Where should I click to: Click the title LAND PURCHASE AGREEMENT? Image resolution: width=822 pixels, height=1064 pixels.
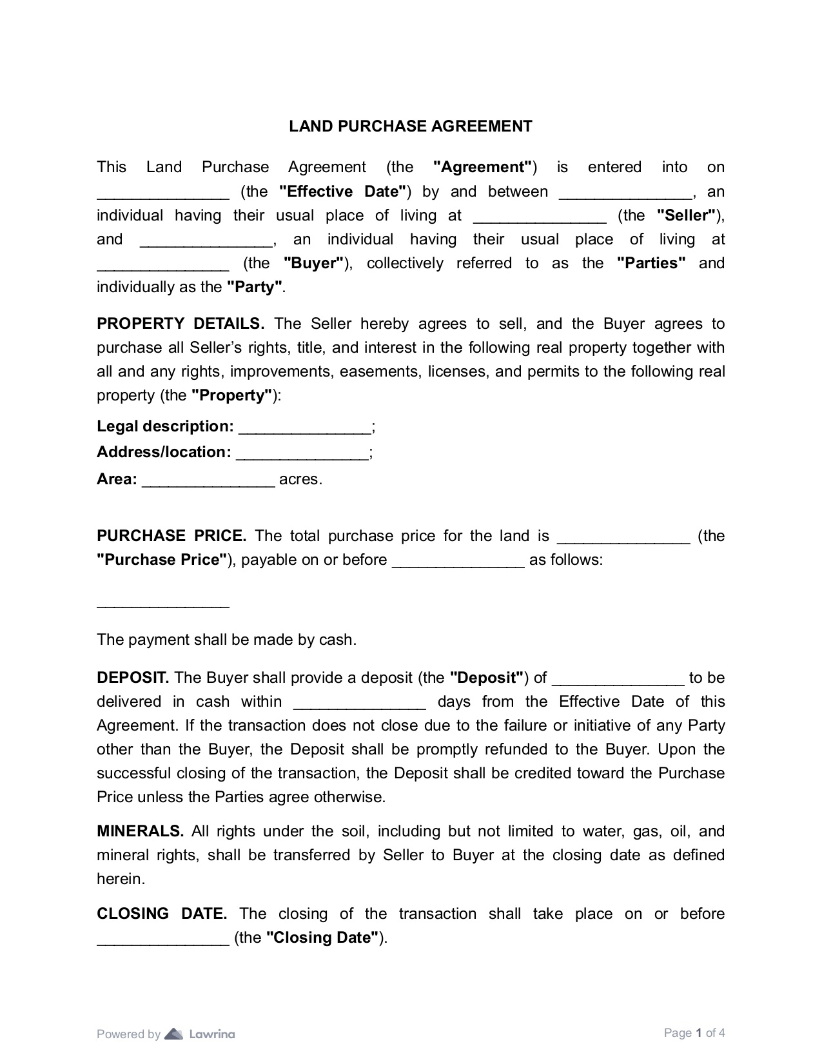pos(410,126)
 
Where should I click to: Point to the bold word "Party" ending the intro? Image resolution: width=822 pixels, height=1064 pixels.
pos(255,287)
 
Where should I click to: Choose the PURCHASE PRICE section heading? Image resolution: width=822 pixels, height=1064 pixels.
pos(171,536)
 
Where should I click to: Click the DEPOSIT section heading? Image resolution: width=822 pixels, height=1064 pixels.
pos(133,678)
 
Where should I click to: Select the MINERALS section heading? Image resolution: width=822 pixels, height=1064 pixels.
pos(141,831)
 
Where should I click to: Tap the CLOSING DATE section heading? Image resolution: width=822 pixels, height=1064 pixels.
pos(162,914)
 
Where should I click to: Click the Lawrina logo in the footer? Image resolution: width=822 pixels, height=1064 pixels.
pos(200,1034)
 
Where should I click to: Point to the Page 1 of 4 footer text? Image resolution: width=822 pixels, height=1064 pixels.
pos(694,1033)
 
